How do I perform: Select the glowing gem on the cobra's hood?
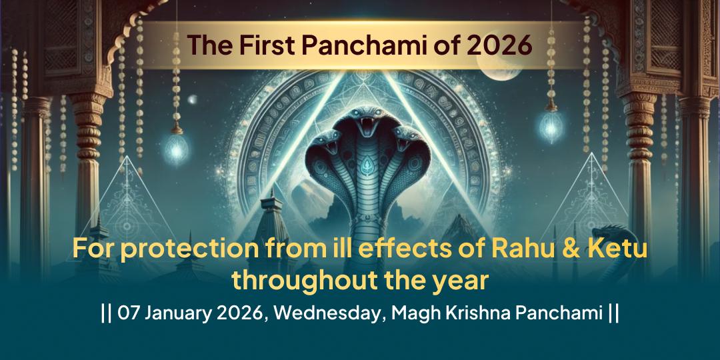pyautogui.click(x=361, y=162)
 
